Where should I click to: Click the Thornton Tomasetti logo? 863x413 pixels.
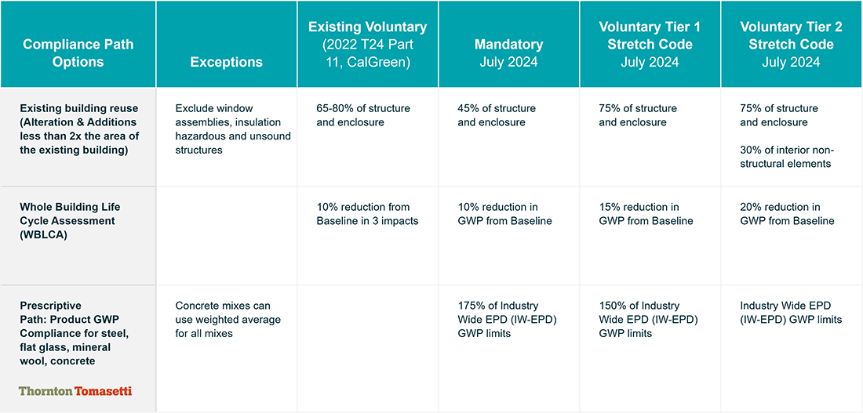tap(75, 392)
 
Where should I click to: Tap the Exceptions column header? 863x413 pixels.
tap(226, 62)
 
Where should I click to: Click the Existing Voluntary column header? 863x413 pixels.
tap(368, 45)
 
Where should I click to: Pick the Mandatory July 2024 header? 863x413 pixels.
tap(509, 53)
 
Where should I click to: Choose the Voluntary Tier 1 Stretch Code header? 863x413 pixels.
tap(650, 45)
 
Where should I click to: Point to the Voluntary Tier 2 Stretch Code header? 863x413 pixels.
tap(792, 45)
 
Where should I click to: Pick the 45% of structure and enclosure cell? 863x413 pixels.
tap(497, 115)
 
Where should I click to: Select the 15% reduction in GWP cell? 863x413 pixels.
tap(646, 215)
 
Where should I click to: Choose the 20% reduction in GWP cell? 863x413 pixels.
tap(788, 215)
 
